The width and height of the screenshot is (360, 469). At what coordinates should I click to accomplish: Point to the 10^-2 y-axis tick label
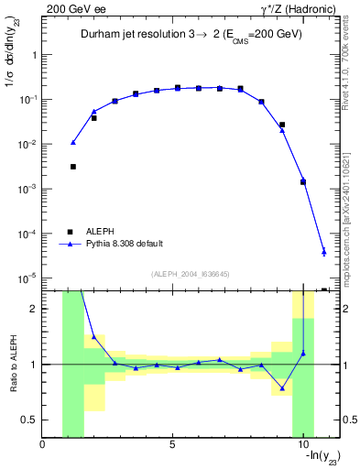(27, 144)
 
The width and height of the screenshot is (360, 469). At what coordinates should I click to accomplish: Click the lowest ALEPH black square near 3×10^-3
(73, 167)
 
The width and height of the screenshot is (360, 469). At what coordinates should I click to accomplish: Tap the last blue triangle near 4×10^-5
(323, 252)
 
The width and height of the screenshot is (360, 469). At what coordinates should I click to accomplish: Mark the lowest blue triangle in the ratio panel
(282, 387)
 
